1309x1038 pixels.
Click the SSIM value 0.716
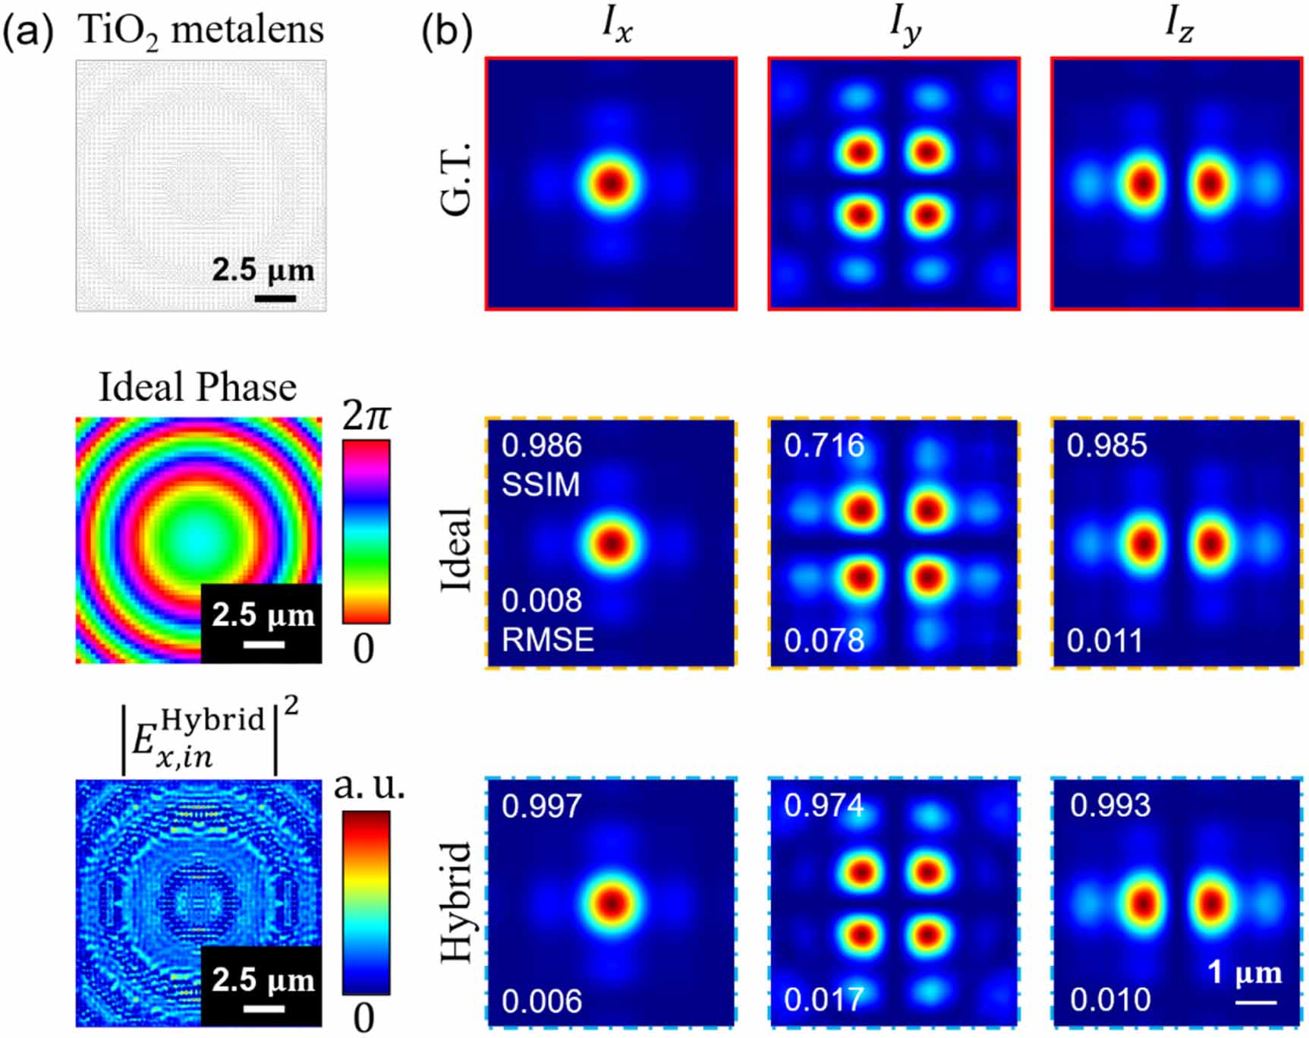tap(824, 446)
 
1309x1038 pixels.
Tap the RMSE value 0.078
tap(824, 641)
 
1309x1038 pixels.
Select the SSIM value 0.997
tap(542, 806)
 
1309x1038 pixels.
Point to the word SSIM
tap(540, 484)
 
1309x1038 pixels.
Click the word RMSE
tap(548, 640)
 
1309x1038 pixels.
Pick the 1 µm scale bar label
tap(1244, 973)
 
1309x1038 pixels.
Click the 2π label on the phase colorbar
tap(367, 415)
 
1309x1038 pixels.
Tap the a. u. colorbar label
tap(370, 786)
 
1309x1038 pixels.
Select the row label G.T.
tap(457, 180)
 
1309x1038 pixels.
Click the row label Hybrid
tap(457, 902)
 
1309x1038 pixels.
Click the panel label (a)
tap(28, 32)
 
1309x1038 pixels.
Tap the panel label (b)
tap(447, 32)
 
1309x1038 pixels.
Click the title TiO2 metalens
tap(201, 32)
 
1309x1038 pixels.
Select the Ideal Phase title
tap(197, 387)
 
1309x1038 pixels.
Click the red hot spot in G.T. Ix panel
tap(612, 184)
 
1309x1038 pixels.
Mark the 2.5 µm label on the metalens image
tap(263, 270)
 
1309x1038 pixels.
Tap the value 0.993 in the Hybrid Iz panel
tap(1110, 806)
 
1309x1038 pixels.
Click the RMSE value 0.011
tap(1105, 641)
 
